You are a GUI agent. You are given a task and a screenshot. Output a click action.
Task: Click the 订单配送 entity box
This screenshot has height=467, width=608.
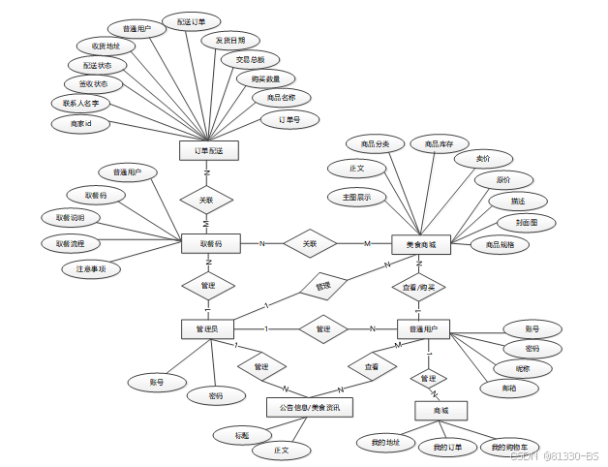pyautogui.click(x=208, y=151)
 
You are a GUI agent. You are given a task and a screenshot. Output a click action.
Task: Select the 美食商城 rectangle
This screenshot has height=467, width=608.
pyautogui.click(x=420, y=245)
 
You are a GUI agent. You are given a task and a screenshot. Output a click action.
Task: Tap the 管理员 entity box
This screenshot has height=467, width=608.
pyautogui.click(x=208, y=329)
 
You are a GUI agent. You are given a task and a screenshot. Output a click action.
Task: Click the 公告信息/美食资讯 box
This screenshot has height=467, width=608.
pyautogui.click(x=309, y=407)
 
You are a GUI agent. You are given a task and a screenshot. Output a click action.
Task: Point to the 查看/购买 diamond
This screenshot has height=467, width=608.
pyautogui.click(x=419, y=287)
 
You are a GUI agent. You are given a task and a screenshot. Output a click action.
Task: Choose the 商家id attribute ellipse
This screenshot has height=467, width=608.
pyautogui.click(x=81, y=124)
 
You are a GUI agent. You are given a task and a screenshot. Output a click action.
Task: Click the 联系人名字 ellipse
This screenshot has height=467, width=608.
pyautogui.click(x=81, y=103)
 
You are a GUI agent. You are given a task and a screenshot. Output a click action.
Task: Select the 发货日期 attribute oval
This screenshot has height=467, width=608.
pyautogui.click(x=230, y=41)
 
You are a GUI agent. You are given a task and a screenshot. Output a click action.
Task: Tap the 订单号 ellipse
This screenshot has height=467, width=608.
pyautogui.click(x=289, y=120)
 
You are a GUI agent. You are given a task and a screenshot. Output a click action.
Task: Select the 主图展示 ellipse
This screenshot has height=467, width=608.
pyautogui.click(x=356, y=197)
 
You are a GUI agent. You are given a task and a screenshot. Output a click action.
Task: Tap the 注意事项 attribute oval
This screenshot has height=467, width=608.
pyautogui.click(x=90, y=268)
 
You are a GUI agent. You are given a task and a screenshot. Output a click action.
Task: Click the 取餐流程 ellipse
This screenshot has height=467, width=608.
pyautogui.click(x=71, y=242)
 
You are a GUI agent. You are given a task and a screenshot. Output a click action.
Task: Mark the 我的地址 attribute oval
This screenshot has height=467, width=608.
pyautogui.click(x=379, y=443)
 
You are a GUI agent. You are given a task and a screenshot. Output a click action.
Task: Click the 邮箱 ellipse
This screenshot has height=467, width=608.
pyautogui.click(x=509, y=389)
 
